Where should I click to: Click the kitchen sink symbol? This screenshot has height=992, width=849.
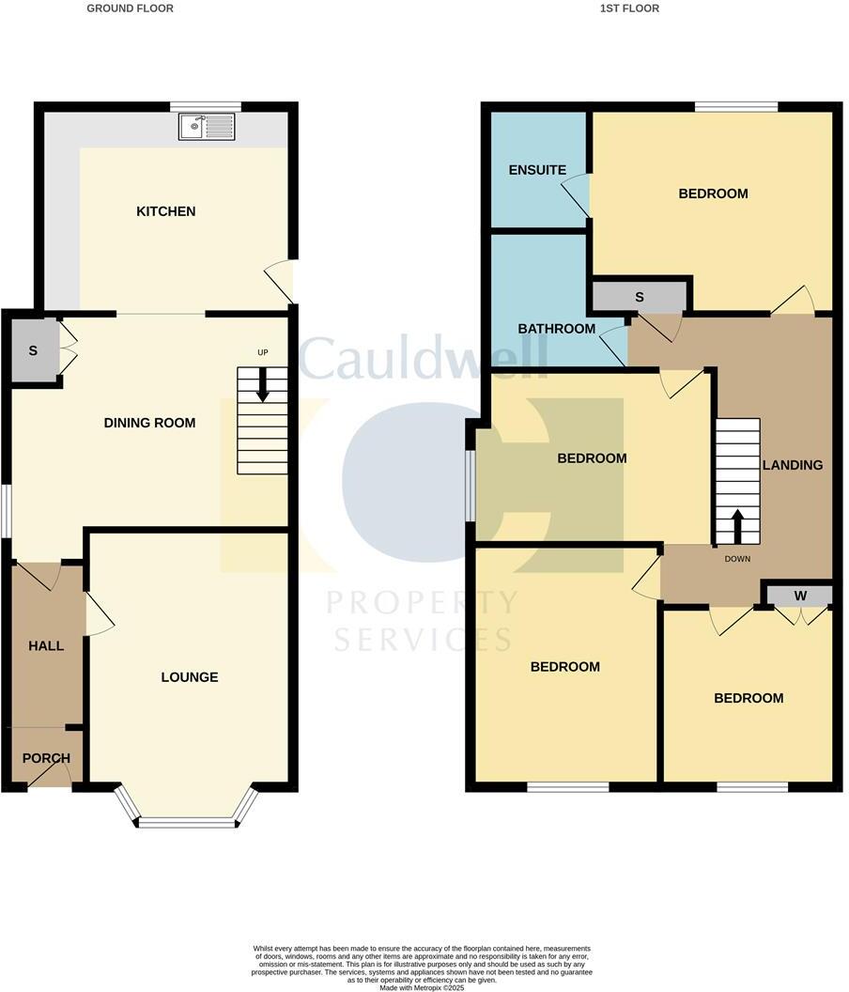click(x=208, y=127)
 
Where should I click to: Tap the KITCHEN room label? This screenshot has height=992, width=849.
click(x=166, y=211)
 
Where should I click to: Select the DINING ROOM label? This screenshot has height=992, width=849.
click(x=149, y=423)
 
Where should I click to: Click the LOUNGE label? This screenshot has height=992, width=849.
click(x=189, y=676)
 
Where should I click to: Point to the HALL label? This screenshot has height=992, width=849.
click(x=46, y=645)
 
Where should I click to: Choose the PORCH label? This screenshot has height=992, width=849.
click(x=46, y=758)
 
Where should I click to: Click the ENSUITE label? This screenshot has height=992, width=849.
click(x=537, y=170)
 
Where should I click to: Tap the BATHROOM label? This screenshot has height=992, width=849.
click(x=557, y=329)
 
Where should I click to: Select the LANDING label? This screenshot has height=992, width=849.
click(x=793, y=464)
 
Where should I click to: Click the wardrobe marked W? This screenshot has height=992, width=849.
click(x=799, y=595)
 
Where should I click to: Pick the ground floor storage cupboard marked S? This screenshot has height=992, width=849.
click(x=33, y=350)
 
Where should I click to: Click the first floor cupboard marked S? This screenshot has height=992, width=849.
click(x=640, y=297)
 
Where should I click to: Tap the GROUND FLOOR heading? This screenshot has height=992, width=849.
click(x=130, y=8)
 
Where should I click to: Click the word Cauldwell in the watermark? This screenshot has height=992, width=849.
click(x=423, y=358)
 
